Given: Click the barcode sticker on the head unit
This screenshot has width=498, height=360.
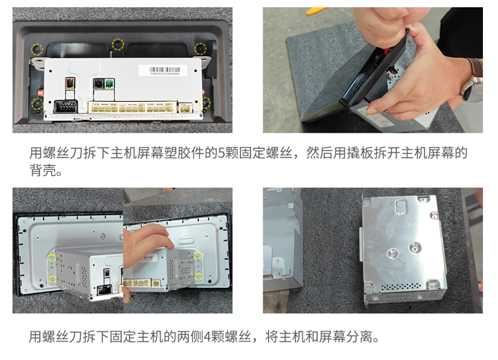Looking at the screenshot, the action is click(x=163, y=70).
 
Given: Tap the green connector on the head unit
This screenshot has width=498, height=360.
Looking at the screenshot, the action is click(x=110, y=83).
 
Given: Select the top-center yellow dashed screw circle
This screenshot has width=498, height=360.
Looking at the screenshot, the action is click(x=118, y=44).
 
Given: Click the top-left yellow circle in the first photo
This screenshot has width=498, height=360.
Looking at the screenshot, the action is click(x=37, y=49).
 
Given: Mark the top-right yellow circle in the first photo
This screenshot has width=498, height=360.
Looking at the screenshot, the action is click(x=200, y=48).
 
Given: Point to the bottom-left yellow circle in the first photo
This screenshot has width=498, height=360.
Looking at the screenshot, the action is click(x=37, y=104).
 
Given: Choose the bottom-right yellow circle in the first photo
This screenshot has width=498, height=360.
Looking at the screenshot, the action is click(x=205, y=103).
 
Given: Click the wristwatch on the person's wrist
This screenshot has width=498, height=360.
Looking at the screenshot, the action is click(x=472, y=81).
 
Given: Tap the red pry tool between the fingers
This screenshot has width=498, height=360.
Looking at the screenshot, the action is click(x=386, y=51).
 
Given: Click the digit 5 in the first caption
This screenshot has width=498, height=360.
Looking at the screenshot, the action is click(x=221, y=153).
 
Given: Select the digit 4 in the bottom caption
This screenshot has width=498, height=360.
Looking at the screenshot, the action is click(x=208, y=336).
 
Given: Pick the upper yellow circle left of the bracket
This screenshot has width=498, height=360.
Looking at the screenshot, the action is click(x=52, y=258).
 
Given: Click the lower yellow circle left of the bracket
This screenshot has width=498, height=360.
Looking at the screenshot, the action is click(x=52, y=279).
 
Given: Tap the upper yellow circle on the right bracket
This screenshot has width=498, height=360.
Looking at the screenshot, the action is click(x=198, y=255).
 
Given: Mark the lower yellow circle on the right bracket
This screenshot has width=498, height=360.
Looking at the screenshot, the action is click(x=198, y=276).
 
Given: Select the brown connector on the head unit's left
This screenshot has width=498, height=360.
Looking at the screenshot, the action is click(x=69, y=83).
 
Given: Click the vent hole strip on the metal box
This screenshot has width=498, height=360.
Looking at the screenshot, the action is click(x=401, y=287).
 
